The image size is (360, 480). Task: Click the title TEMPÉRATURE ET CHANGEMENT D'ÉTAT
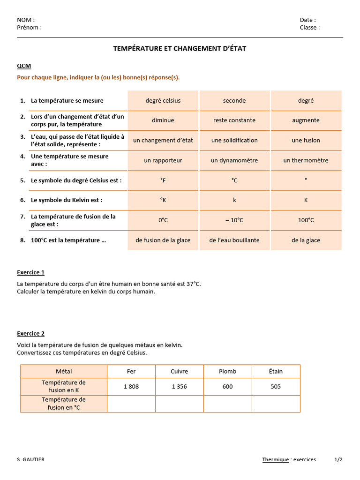(x=180, y=48)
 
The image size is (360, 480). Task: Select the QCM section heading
(x=24, y=66)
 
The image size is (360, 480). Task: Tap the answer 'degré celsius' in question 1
(x=163, y=101)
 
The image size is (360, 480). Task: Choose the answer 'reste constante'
(x=234, y=120)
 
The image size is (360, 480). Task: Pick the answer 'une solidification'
(x=234, y=140)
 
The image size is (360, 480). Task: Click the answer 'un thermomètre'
(x=306, y=160)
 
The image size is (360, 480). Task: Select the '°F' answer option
(x=163, y=180)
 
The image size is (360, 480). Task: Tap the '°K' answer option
(x=163, y=200)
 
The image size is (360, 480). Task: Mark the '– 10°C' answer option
(x=234, y=220)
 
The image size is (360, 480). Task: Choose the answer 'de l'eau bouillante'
(x=234, y=240)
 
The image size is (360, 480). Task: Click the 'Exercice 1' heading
(x=30, y=272)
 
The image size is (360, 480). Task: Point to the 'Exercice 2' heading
(x=30, y=334)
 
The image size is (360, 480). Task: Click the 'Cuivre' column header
(x=179, y=371)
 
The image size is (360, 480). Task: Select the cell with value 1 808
(x=131, y=387)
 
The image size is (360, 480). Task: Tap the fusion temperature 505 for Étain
(x=276, y=387)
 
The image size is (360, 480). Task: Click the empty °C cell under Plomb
(x=227, y=404)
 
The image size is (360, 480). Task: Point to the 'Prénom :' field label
(x=29, y=27)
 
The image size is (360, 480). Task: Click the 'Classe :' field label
(x=310, y=27)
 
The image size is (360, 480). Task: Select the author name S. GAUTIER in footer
(x=30, y=460)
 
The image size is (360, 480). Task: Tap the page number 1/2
(x=338, y=460)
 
